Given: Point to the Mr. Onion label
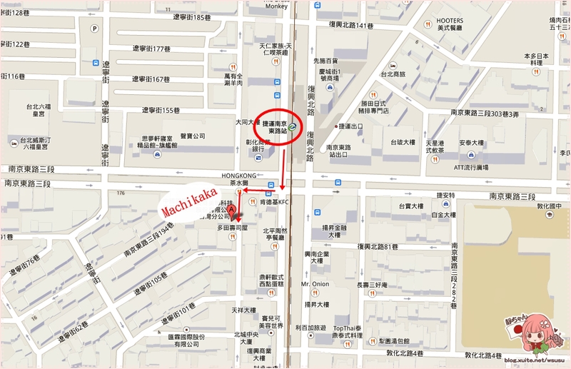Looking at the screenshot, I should coord(315,284).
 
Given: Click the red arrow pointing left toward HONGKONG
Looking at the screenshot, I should coord(253,191).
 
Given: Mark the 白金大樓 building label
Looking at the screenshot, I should coord(443,214).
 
